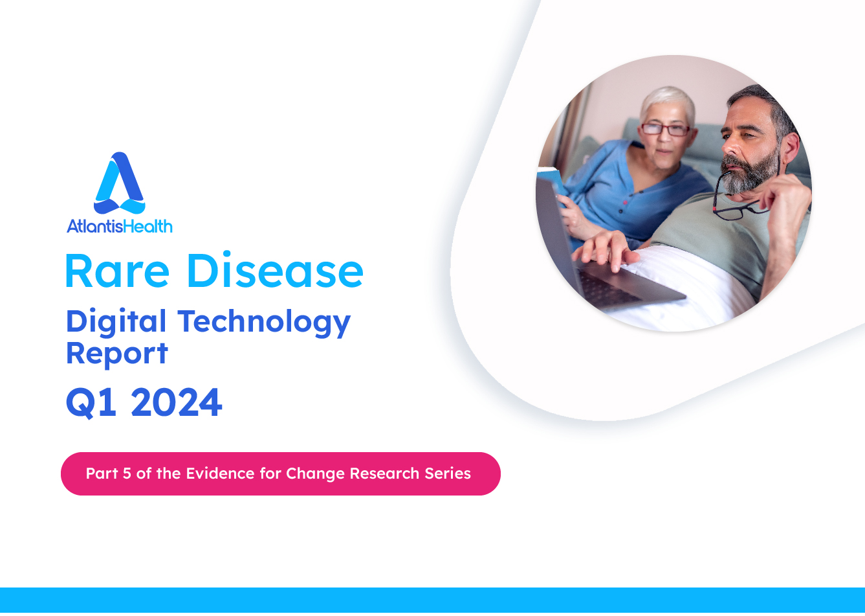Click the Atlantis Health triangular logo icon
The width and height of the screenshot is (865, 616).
pyautogui.click(x=119, y=183)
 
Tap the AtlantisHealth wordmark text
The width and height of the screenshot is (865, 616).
pyautogui.click(x=120, y=226)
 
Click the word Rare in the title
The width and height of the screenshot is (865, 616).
pyautogui.click(x=118, y=271)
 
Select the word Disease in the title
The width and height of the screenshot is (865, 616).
pyautogui.click(x=276, y=269)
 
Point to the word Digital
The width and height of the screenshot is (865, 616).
pyautogui.click(x=116, y=322)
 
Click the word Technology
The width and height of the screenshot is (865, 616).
pyautogui.click(x=264, y=322)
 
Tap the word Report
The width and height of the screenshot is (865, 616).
pyautogui.click(x=117, y=354)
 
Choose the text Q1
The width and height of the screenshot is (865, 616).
pyautogui.click(x=91, y=403)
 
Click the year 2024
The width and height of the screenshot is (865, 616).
pyautogui.click(x=177, y=402)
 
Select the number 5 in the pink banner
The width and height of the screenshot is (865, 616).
pyautogui.click(x=127, y=473)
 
